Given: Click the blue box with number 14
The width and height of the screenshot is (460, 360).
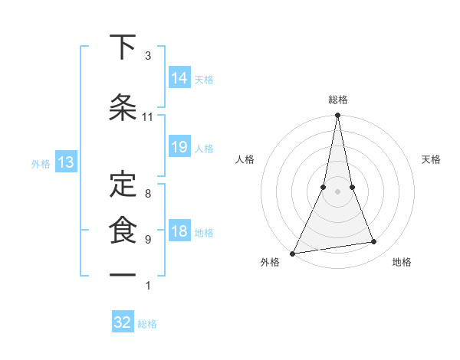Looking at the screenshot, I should pos(179,77).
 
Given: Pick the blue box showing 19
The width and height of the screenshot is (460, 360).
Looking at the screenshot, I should pos(179,147).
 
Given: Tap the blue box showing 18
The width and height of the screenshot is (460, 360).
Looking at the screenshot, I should pos(179,231).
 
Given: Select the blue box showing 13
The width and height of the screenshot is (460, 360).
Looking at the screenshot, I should pos(65,162).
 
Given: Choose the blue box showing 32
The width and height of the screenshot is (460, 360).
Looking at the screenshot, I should pos(123,322).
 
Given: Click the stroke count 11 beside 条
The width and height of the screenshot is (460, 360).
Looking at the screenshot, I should pos(148,117).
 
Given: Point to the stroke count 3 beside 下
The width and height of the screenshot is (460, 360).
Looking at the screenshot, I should pos(148,56).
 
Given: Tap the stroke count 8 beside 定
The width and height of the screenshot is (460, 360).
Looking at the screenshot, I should pos(148,193).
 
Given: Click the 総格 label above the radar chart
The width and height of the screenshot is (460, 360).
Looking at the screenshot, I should pos(338,100).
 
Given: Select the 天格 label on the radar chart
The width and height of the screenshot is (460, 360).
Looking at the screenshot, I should pos(431,159).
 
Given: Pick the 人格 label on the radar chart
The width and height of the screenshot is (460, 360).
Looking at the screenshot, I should pos(245,159).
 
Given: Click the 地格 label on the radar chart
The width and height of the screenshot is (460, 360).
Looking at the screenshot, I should pos(402,262).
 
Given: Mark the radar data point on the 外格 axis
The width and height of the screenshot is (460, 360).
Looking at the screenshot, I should pos(292,254).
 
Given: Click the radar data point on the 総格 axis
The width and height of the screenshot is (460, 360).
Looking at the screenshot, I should pos(337,116).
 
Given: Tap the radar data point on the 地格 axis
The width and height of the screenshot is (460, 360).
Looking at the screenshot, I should pos(373,242).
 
